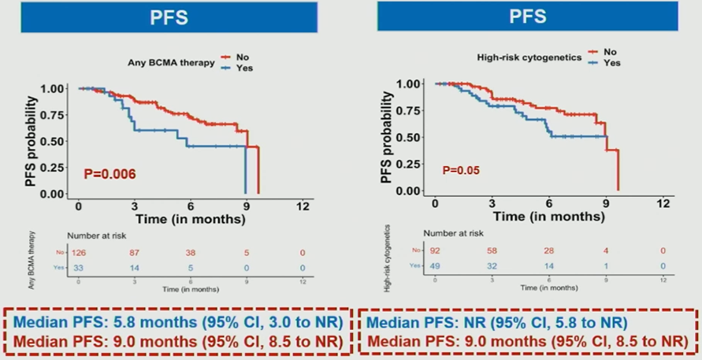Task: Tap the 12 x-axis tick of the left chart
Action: pos(303,206)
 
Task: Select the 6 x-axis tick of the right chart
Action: pos(549,202)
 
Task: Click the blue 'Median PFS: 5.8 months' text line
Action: pos(177,323)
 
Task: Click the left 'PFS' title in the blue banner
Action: pos(169,18)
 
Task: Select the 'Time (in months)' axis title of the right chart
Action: pos(550,216)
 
